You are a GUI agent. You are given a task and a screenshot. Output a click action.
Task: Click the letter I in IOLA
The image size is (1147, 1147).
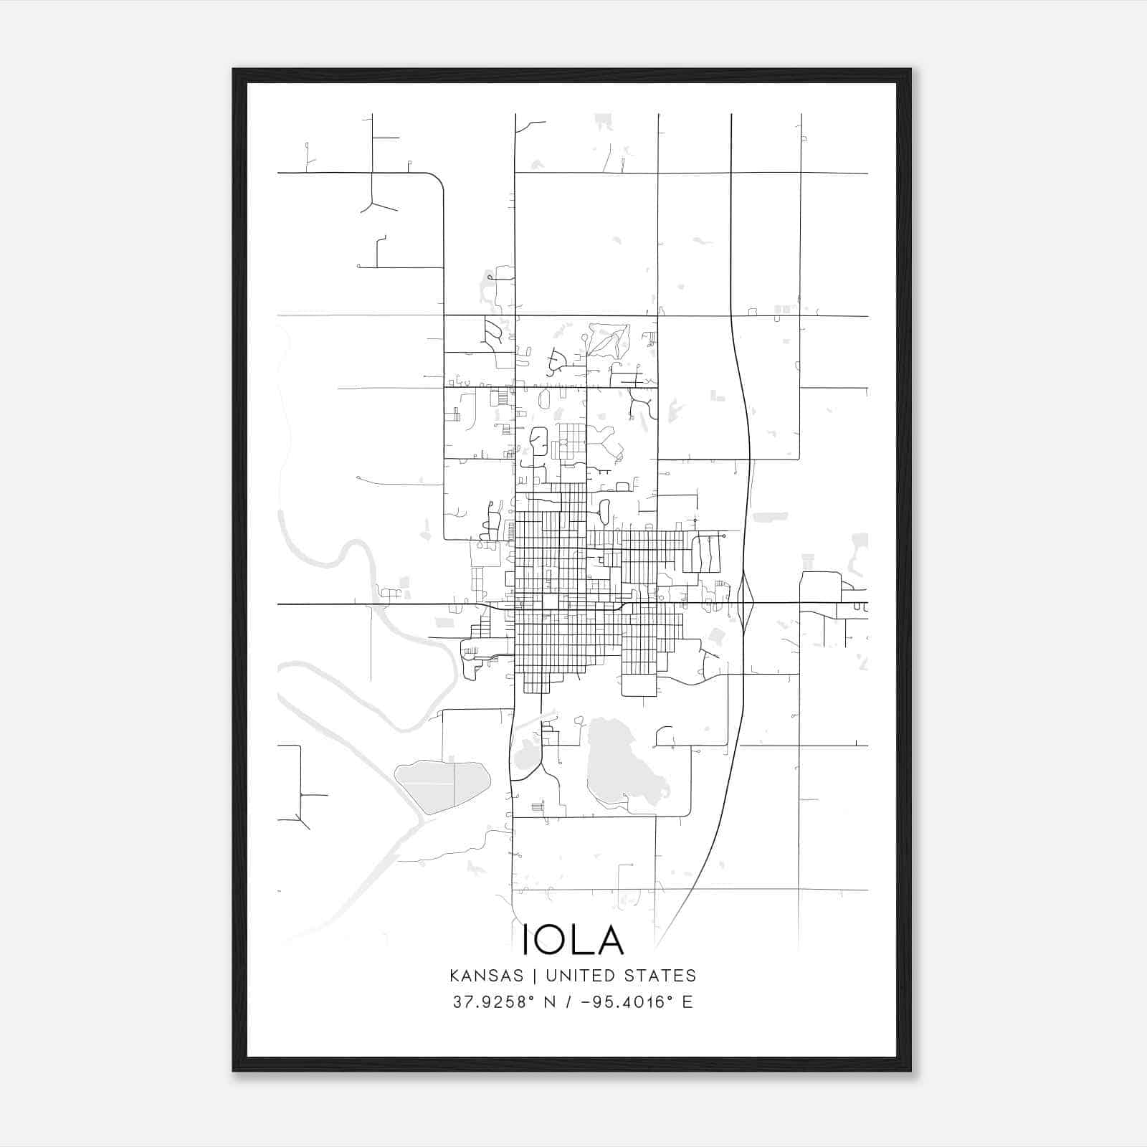coord(525,939)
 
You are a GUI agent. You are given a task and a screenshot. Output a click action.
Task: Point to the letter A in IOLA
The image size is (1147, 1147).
coord(609,939)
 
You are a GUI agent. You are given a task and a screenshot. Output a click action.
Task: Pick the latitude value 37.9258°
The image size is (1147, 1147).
coord(495,1002)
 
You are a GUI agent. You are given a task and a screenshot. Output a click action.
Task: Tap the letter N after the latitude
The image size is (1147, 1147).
coord(551,1002)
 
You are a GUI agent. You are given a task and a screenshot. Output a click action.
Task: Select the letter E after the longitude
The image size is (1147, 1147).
coord(687,1002)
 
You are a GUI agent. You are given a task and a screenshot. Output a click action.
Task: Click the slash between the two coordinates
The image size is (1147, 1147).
coord(568,1002)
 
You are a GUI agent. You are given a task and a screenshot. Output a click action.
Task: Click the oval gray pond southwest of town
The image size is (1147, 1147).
coord(442,786)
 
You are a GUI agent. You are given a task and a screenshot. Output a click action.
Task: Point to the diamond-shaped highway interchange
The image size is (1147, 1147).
coord(746,603)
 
